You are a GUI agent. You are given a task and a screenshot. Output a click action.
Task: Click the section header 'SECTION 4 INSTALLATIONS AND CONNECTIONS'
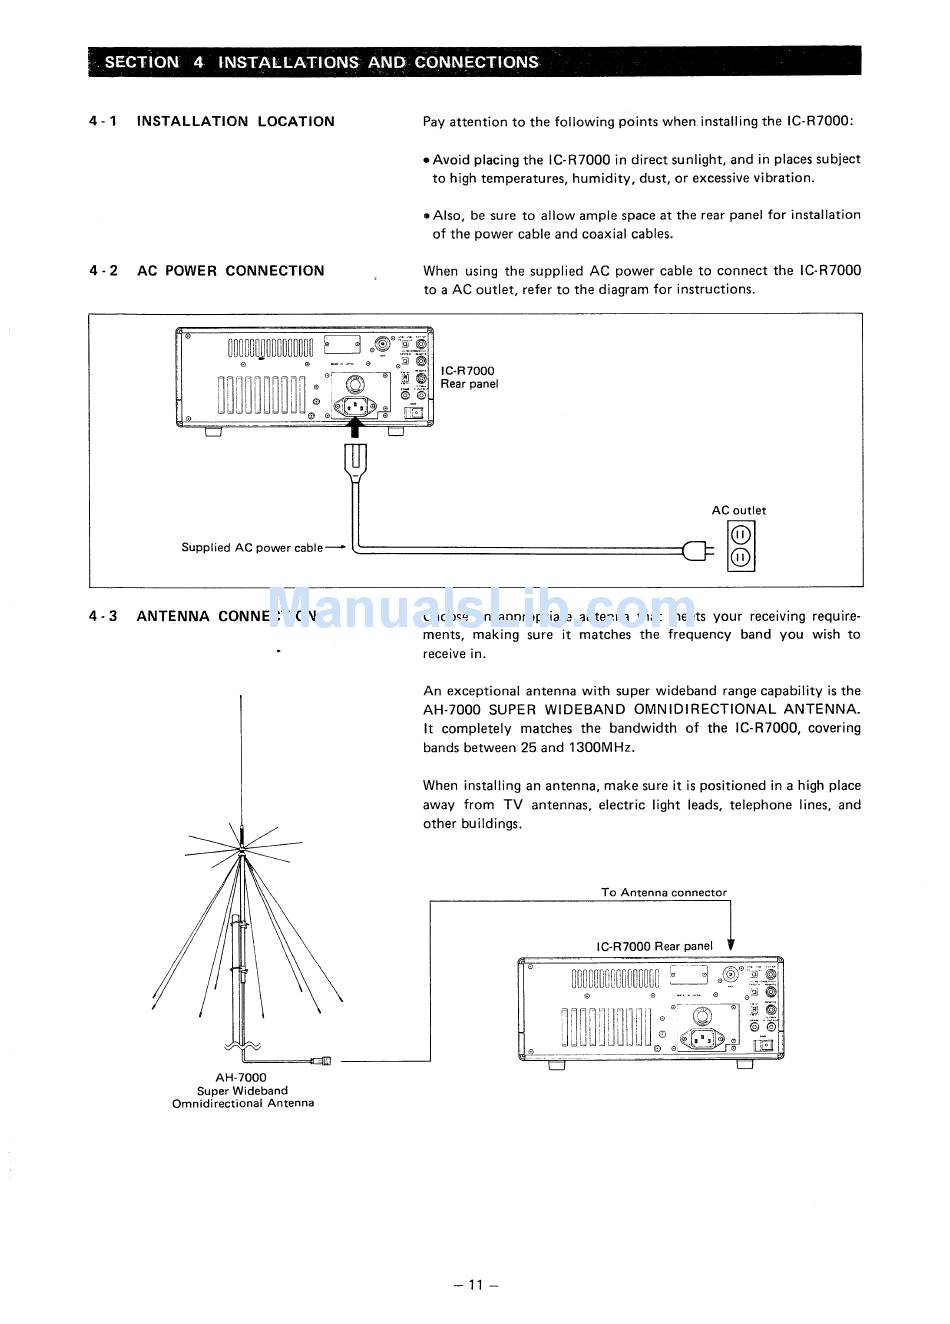(321, 62)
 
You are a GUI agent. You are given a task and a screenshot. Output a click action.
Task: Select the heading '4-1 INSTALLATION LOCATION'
(212, 121)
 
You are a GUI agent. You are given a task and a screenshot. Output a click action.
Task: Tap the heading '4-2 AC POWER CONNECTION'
(206, 270)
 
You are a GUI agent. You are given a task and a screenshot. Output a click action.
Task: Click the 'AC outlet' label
(739, 510)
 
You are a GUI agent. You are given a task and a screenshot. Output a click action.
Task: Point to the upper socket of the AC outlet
(741, 534)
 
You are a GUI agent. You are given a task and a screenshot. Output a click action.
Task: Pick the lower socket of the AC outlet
(741, 558)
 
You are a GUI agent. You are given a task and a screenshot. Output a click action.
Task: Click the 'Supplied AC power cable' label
(252, 547)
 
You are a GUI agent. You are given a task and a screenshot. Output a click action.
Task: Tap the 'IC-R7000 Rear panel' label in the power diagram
(468, 377)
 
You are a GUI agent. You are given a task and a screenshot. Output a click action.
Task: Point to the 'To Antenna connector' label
(664, 892)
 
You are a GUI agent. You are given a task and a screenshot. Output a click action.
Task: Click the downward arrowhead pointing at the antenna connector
(731, 945)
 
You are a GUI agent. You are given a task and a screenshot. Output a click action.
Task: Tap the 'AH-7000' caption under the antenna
(241, 1077)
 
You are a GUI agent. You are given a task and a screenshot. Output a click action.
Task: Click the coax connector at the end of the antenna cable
(321, 1059)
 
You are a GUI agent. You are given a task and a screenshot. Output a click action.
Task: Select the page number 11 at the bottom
(475, 1285)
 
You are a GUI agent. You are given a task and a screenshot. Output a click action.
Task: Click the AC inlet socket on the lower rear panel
(701, 1040)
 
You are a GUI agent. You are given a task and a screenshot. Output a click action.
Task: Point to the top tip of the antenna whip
(240, 694)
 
